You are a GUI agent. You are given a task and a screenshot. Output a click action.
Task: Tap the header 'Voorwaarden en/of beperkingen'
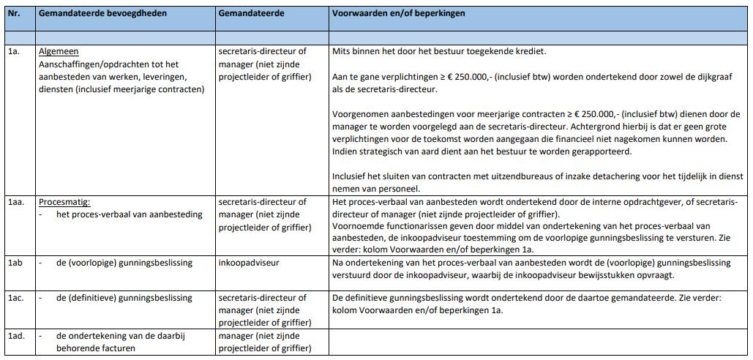[398, 14]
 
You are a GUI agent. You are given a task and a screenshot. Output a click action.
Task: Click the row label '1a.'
[13, 52]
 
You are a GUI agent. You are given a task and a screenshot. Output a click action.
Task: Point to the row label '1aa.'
[15, 202]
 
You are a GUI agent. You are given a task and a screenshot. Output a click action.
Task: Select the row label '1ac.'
[15, 298]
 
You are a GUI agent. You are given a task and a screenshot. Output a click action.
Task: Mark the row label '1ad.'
[15, 336]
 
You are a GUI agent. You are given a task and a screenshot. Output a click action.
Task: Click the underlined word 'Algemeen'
[59, 52]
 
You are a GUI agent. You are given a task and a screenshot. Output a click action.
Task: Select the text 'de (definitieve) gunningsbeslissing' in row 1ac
[124, 298]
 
